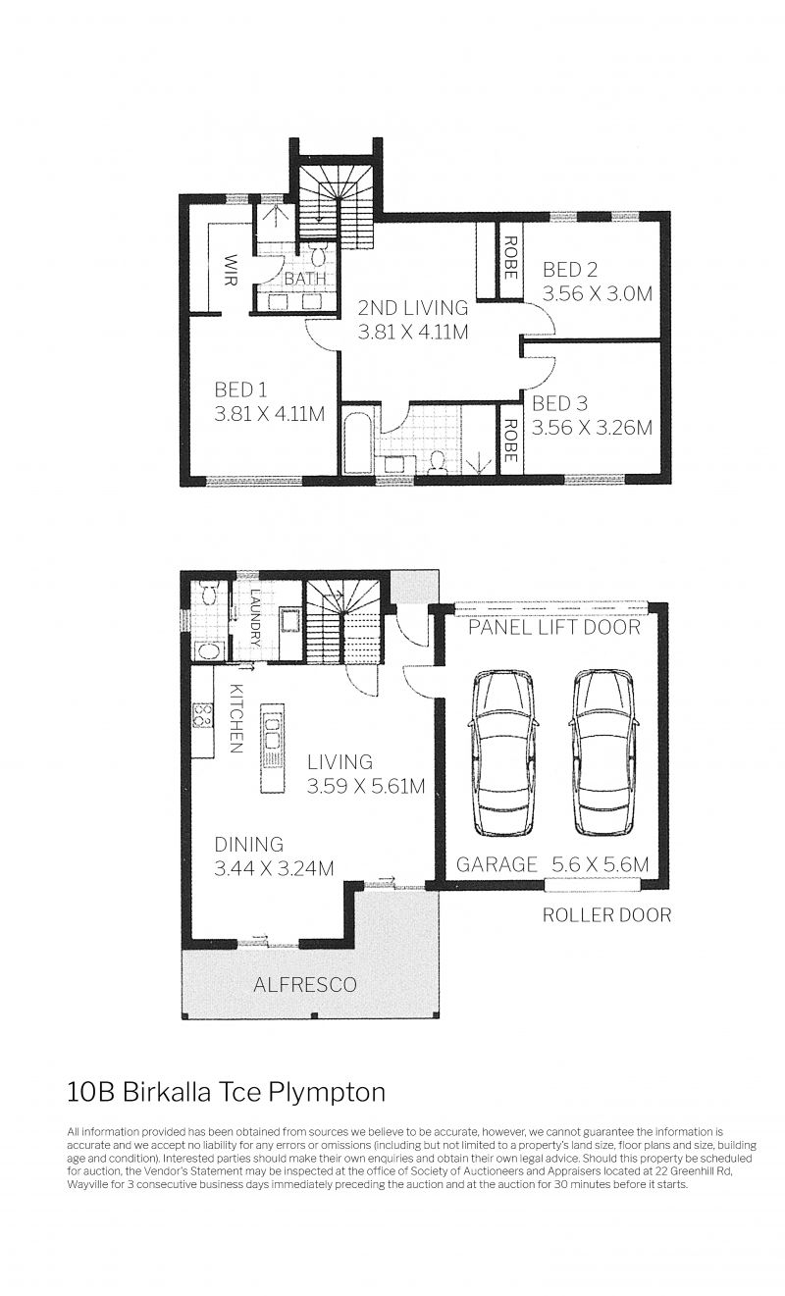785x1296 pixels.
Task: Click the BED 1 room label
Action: point(240,389)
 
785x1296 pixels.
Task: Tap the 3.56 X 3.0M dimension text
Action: point(597,293)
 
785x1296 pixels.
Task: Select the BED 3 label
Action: point(559,402)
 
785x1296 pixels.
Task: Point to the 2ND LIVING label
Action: point(412,307)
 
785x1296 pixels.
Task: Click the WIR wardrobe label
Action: point(231,270)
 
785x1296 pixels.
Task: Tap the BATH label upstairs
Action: point(305,279)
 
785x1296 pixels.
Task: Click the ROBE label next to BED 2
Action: point(509,257)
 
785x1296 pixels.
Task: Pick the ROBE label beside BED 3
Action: point(509,441)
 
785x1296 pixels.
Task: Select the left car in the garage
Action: point(502,752)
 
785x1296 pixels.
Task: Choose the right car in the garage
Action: point(602,752)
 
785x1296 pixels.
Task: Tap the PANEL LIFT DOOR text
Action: point(554,627)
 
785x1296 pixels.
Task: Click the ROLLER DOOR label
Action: point(606,914)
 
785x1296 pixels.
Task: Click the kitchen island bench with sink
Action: point(272,749)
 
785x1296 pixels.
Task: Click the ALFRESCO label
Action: point(305,984)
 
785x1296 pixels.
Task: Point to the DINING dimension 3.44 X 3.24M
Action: point(274,868)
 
